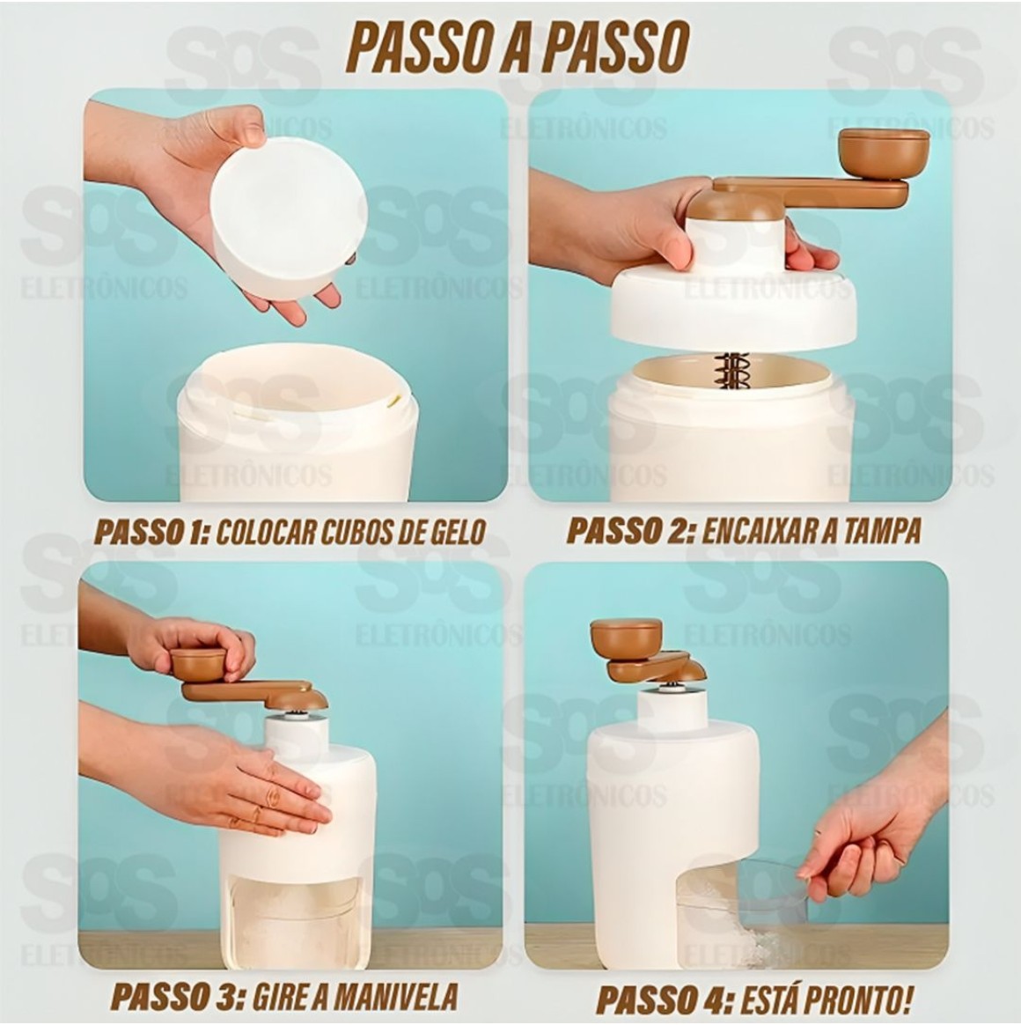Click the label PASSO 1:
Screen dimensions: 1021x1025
(151, 532)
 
